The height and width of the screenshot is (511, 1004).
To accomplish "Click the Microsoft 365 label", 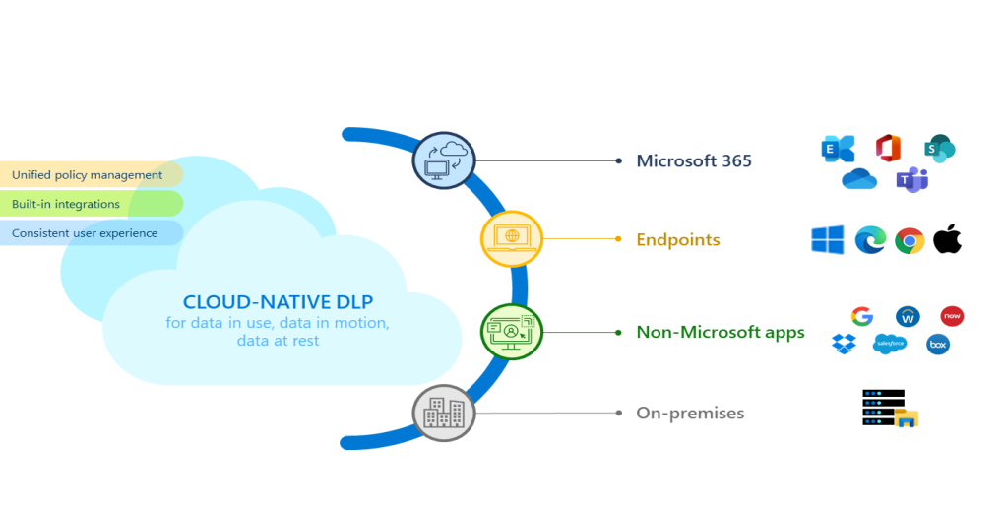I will click(x=693, y=160).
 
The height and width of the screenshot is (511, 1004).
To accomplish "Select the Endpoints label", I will click(x=677, y=239).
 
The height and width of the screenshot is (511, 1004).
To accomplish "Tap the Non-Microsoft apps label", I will click(x=721, y=332).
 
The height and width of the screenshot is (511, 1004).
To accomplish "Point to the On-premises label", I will click(x=690, y=413).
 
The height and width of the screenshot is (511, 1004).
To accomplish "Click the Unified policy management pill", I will click(x=88, y=175).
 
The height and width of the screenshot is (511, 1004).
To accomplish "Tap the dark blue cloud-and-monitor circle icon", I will click(x=444, y=160).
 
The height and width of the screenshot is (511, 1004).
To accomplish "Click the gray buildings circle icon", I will click(x=444, y=413).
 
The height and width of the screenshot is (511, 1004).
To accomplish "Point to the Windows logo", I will click(x=827, y=239).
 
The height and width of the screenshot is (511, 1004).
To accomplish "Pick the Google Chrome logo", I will click(x=909, y=240).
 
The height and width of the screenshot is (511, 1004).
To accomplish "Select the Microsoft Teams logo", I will click(x=911, y=180).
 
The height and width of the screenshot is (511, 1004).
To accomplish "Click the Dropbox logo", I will click(x=844, y=344).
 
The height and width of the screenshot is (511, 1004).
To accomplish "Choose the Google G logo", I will click(x=862, y=316).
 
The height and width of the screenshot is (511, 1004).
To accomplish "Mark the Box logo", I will click(x=937, y=345).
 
